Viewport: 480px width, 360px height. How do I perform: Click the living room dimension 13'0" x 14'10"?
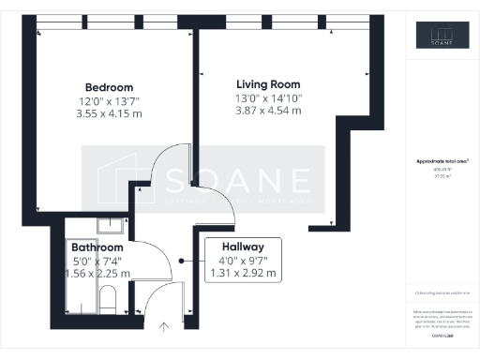[x=268, y=97]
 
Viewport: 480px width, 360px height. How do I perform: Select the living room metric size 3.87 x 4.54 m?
[x=268, y=111]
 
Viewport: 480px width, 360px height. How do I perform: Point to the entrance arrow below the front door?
[x=165, y=326]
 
